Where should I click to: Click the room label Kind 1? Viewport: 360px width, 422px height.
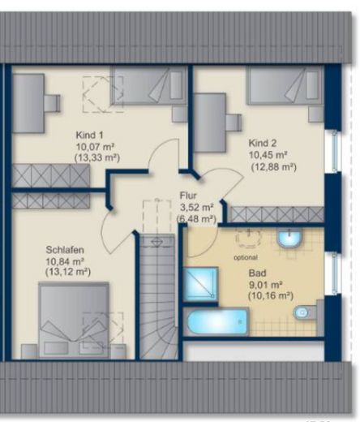[89, 135]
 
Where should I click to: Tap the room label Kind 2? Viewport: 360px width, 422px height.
[263, 143]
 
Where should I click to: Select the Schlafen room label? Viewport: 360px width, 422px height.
[65, 250]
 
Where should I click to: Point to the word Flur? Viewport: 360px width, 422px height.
[188, 196]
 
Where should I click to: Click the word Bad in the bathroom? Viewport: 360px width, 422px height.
[257, 273]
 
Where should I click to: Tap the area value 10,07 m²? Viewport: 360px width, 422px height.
[95, 147]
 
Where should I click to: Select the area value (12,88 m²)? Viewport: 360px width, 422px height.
[274, 167]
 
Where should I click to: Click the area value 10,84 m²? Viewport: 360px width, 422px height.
[65, 261]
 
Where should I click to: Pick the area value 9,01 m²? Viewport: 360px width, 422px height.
[266, 285]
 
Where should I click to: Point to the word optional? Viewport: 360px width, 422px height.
[246, 257]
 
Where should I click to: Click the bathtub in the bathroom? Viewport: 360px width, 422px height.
[216, 321]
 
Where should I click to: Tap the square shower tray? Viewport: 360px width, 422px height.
[200, 284]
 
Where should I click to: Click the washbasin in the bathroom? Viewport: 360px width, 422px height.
[289, 238]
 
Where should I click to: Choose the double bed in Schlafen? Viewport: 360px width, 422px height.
[74, 321]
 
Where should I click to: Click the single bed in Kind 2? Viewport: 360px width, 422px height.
[285, 86]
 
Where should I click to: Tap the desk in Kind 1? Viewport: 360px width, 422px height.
[28, 103]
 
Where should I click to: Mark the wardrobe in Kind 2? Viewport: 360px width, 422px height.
[277, 214]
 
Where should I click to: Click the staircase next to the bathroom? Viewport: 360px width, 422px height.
[159, 298]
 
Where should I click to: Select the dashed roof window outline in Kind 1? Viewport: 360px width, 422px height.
[103, 94]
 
